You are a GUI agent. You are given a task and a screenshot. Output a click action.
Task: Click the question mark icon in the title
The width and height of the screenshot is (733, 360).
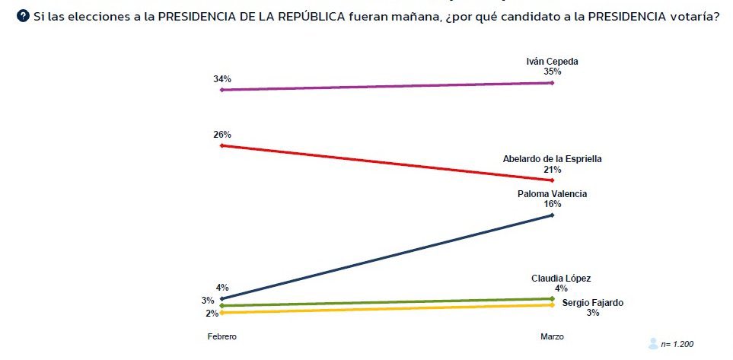click(x=24, y=16)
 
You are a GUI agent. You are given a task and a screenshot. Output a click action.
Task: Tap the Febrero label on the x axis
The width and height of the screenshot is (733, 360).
click(x=221, y=336)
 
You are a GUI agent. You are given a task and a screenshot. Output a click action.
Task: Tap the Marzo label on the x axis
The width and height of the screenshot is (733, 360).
click(x=553, y=336)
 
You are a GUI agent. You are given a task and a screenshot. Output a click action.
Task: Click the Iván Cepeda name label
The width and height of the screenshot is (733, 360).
click(x=553, y=61)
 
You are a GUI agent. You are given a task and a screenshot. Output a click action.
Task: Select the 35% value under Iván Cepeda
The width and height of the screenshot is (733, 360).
click(x=553, y=72)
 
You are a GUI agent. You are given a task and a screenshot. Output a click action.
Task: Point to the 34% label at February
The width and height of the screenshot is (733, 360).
click(x=222, y=79)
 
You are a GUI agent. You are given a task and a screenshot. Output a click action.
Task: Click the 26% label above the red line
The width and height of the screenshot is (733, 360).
click(x=222, y=135)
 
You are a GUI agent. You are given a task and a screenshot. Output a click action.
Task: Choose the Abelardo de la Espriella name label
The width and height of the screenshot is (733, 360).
click(x=553, y=158)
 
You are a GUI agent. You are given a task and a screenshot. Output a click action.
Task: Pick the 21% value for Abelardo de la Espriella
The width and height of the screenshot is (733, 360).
click(x=553, y=169)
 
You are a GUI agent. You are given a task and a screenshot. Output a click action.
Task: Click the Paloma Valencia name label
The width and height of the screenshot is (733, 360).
click(x=553, y=194)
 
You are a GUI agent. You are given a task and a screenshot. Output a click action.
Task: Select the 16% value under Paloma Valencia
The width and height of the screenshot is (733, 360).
click(x=553, y=205)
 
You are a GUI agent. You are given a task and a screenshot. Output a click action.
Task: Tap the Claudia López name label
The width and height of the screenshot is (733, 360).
click(x=561, y=278)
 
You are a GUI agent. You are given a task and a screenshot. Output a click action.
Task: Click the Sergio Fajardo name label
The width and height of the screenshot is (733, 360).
click(x=593, y=302)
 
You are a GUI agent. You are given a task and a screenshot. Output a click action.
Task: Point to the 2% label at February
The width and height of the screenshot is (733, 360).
click(x=212, y=313)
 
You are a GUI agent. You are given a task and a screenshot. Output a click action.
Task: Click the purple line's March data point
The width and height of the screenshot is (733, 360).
click(x=552, y=82)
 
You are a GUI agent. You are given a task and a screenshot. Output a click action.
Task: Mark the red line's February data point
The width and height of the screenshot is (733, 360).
click(x=221, y=145)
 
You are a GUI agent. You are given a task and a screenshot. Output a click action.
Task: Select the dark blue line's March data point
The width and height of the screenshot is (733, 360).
click(x=552, y=215)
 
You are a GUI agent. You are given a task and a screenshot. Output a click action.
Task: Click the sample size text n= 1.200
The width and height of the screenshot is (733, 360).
click(x=677, y=344)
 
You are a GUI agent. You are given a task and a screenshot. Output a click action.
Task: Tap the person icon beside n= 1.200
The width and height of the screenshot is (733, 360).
click(x=653, y=343)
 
